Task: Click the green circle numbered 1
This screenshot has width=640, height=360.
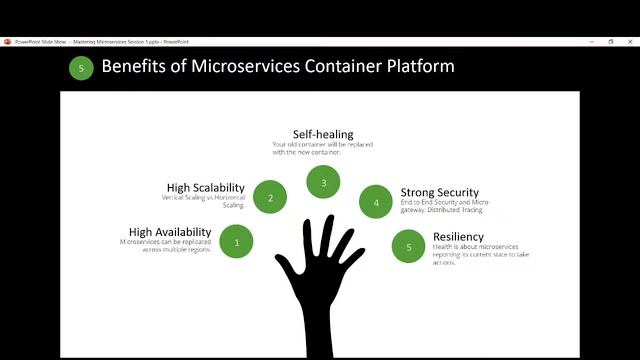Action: click(237, 241)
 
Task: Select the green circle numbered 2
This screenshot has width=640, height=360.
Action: click(270, 197)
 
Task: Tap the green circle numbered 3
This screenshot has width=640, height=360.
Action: click(323, 182)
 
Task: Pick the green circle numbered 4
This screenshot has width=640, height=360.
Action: click(376, 202)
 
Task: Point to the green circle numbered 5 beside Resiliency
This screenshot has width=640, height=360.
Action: click(409, 246)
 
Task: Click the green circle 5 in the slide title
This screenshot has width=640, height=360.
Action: click(81, 68)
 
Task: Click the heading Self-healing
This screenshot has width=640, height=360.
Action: click(323, 134)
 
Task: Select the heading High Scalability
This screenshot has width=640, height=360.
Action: click(206, 187)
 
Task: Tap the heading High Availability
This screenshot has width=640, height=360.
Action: click(170, 232)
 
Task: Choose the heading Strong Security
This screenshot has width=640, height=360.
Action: click(439, 192)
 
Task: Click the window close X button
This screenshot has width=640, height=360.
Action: click(629, 41)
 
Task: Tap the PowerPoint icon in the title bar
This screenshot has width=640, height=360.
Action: click(7, 41)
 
